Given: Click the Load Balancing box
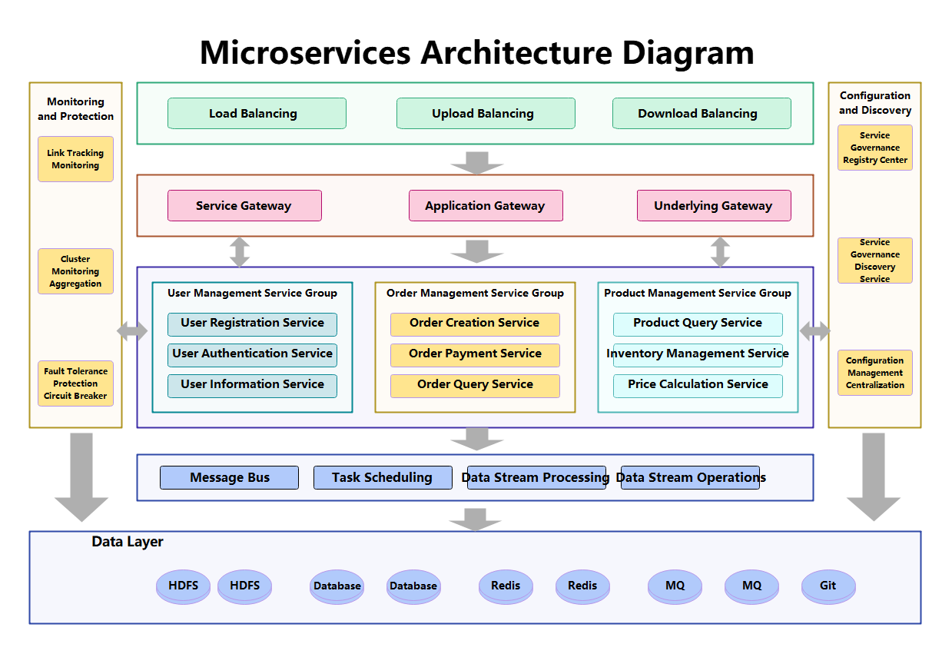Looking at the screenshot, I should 257,114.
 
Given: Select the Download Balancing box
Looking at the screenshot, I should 701,114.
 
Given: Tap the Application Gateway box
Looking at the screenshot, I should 486,206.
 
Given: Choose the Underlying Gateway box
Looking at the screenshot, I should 713,206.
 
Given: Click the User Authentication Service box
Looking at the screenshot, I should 252,354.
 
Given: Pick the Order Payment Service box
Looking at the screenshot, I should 475,354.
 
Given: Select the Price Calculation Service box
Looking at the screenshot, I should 698,385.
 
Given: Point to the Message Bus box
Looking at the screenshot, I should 229,477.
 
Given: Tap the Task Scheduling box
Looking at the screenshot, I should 383,477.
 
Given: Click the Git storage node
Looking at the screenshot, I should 828,586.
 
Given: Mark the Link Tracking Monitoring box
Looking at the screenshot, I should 75,159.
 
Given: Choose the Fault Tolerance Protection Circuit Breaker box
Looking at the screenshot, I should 75,383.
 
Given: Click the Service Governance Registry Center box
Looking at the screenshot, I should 874,148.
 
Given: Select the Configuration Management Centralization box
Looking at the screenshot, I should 874,373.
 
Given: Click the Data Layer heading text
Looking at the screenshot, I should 128,542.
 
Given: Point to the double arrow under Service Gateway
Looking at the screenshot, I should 240,252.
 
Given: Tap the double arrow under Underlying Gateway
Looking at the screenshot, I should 720,252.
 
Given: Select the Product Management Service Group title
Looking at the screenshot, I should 697,294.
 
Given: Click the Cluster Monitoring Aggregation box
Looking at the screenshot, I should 75,271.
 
